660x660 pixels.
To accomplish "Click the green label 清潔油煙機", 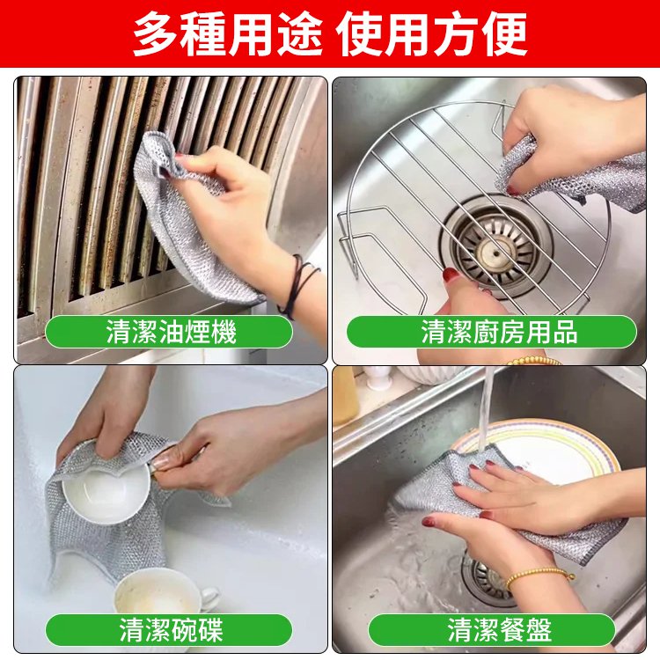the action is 169,332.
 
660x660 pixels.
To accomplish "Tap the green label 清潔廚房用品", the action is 492,332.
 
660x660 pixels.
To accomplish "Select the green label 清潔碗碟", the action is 169,630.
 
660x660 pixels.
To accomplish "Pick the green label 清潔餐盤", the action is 492,630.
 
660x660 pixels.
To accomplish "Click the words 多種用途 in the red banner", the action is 228,33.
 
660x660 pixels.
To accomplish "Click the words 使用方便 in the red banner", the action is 434,33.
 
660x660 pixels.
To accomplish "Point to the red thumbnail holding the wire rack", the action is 451,276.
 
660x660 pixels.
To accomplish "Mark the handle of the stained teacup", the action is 210,597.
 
